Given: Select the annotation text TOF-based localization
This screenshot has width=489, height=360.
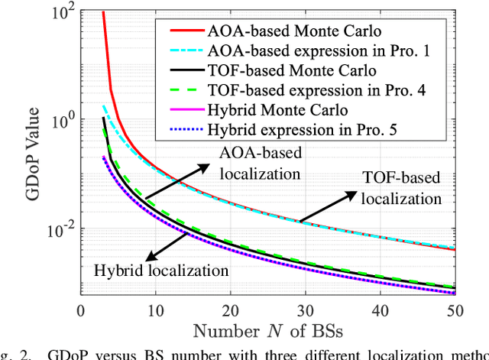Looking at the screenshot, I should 402,187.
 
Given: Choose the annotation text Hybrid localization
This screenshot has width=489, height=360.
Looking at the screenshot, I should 161,270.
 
